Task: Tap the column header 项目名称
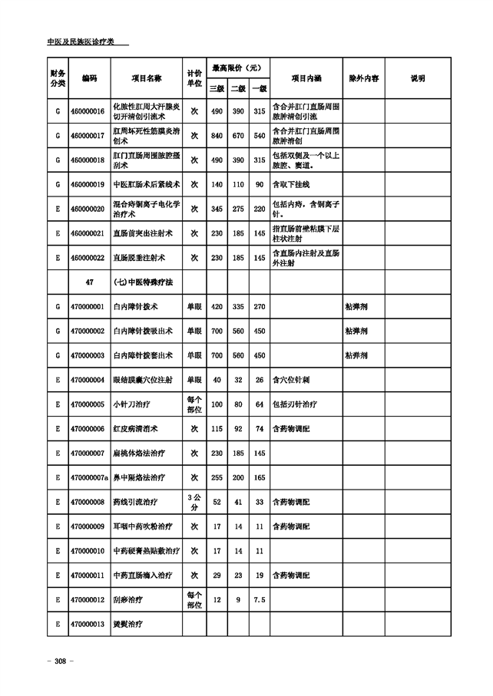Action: pyautogui.click(x=147, y=78)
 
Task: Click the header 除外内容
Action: pyautogui.click(x=363, y=78)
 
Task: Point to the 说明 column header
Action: pyautogui.click(x=418, y=78)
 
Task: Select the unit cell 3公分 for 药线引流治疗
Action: pyautogui.click(x=194, y=502)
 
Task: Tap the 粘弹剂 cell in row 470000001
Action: pyautogui.click(x=356, y=307)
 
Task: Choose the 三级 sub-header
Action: pyautogui.click(x=217, y=88)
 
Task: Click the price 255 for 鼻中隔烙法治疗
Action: pyautogui.click(x=217, y=477)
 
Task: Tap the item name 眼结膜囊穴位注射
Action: pyautogui.click(x=143, y=380)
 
